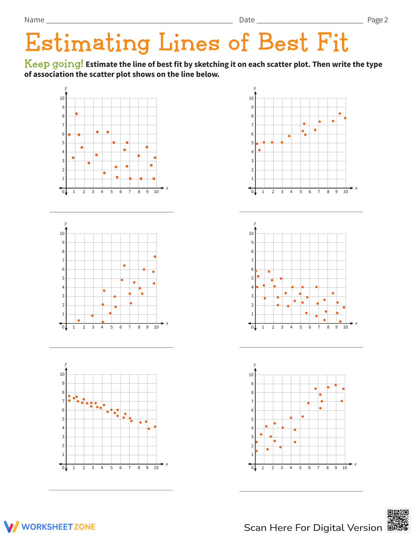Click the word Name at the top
pyautogui.click(x=34, y=20)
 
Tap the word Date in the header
pyautogui.click(x=247, y=20)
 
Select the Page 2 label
pyautogui.click(x=377, y=20)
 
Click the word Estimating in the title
pyautogui.click(x=87, y=43)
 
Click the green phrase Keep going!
pyautogui.click(x=54, y=64)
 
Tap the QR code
pyautogui.click(x=398, y=520)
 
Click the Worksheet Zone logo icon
pyautogui.click(x=12, y=527)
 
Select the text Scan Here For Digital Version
pyautogui.click(x=313, y=528)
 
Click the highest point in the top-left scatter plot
pyautogui.click(x=76, y=114)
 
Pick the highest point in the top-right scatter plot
pyautogui.click(x=339, y=113)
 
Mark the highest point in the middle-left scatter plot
pyautogui.click(x=155, y=256)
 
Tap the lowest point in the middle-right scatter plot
pyautogui.click(x=340, y=321)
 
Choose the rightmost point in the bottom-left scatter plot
pyautogui.click(x=155, y=427)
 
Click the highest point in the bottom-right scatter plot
pyautogui.click(x=335, y=385)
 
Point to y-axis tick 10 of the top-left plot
pyautogui.click(x=62, y=98)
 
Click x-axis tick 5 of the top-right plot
pyautogui.click(x=301, y=192)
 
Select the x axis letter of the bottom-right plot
pyautogui.click(x=355, y=464)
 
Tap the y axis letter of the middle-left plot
pyautogui.click(x=66, y=223)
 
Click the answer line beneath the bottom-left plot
pyautogui.click(x=111, y=490)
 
